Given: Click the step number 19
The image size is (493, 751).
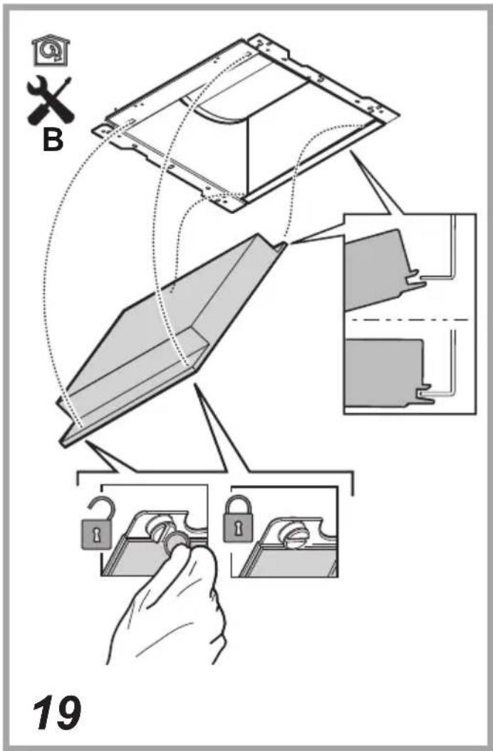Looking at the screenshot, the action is (56, 713).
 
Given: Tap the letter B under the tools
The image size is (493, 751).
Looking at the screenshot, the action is (53, 140).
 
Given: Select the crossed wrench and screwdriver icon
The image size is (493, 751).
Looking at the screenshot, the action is (49, 100).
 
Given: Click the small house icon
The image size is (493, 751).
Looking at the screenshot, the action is (51, 51).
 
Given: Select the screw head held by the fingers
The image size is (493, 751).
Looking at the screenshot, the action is (175, 541).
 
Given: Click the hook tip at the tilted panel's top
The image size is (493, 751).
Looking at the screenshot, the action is (283, 246).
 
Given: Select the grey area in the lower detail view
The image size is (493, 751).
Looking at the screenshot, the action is (383, 371).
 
